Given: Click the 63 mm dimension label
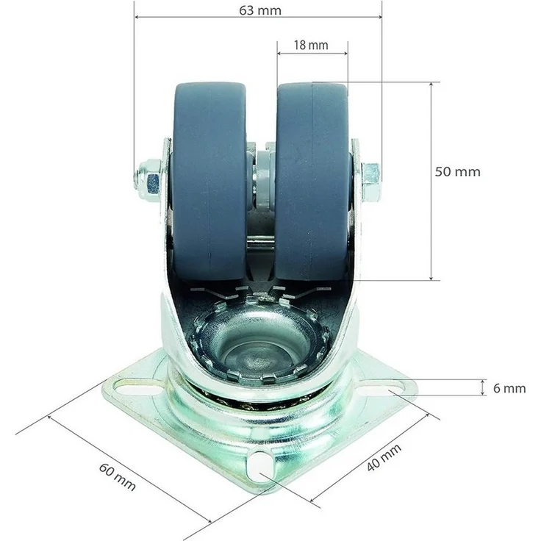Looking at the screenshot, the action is coord(260,10).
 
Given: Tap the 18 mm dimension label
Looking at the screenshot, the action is coord(311,45).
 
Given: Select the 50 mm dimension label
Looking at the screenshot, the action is coord(457,172).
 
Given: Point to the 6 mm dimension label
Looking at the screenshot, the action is coord(509,389).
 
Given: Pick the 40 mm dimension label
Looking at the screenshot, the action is coord(384,457).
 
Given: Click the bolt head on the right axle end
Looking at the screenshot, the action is coord(371,182).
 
